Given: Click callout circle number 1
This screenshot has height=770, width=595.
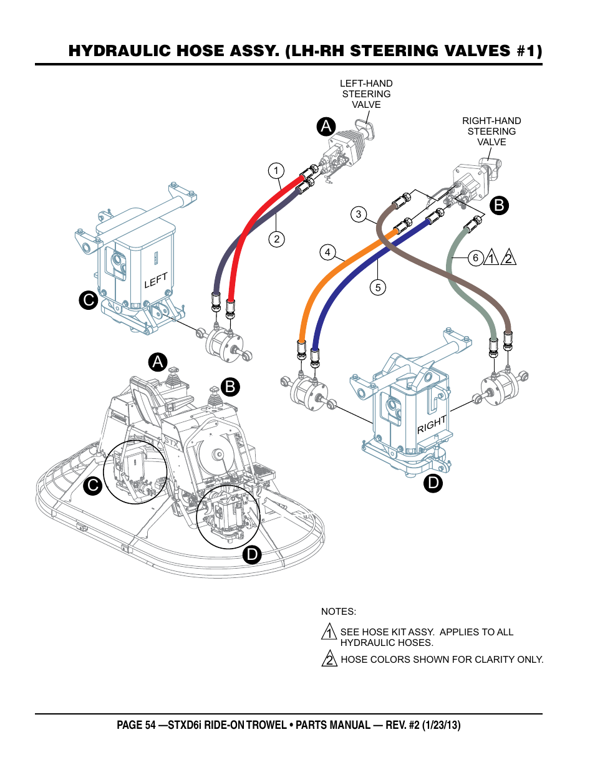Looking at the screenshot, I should tap(276, 171).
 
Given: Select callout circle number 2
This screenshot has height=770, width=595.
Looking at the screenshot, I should tap(277, 239).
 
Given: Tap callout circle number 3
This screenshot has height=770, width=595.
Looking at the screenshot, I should tap(358, 214).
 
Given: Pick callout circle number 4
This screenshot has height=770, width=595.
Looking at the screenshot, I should tap(327, 253).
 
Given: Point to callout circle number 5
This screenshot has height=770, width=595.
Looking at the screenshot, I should tap(377, 287).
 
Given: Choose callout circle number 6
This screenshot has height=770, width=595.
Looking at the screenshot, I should tap(475, 257).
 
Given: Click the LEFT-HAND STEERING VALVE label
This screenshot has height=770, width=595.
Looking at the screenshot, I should tap(366, 94).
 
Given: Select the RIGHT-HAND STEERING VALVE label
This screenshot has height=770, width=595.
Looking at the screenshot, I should tap(491, 132).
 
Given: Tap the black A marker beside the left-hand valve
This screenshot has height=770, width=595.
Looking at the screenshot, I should tap(326, 127).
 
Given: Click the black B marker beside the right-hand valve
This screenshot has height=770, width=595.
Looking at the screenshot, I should tap(499, 205).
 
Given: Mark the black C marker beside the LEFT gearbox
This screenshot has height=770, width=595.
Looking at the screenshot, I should tap(89, 300).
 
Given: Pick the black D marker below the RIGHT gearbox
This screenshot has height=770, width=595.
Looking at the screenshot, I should tap(433, 483).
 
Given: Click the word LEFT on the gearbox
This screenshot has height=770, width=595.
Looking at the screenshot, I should tap(156, 281).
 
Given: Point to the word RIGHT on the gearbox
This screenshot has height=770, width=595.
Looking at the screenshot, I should tap(432, 425).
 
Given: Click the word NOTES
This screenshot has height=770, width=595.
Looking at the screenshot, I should tap(339, 612).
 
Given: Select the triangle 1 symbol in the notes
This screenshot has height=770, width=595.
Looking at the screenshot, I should tap(329, 632).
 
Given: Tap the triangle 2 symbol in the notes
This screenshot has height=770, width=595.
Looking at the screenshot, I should tap(329, 658).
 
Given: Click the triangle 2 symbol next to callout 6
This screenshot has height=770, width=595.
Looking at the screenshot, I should tap(509, 257).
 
